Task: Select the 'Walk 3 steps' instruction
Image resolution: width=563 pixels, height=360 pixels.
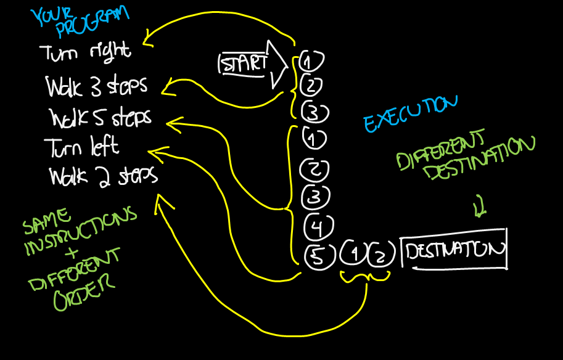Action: [96, 86]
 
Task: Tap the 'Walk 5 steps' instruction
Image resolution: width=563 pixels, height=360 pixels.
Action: [101, 117]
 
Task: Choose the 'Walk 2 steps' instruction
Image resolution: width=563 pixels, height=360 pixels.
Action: [103, 176]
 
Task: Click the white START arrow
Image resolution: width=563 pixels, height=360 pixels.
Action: [253, 63]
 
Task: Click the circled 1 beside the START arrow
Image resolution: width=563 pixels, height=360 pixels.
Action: [311, 62]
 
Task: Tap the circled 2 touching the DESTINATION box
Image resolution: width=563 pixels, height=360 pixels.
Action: [380, 254]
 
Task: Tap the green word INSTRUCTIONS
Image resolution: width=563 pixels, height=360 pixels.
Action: [80, 232]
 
